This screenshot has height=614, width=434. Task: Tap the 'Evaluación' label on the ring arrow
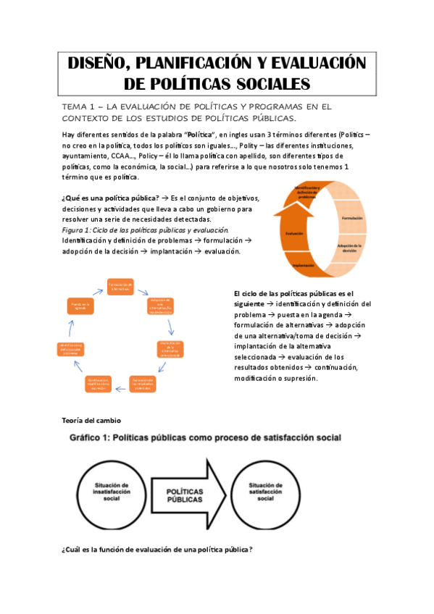[x=294, y=233]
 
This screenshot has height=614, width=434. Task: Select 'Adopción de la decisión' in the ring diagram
[x=354, y=248]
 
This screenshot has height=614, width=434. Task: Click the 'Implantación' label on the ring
[x=305, y=266]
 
